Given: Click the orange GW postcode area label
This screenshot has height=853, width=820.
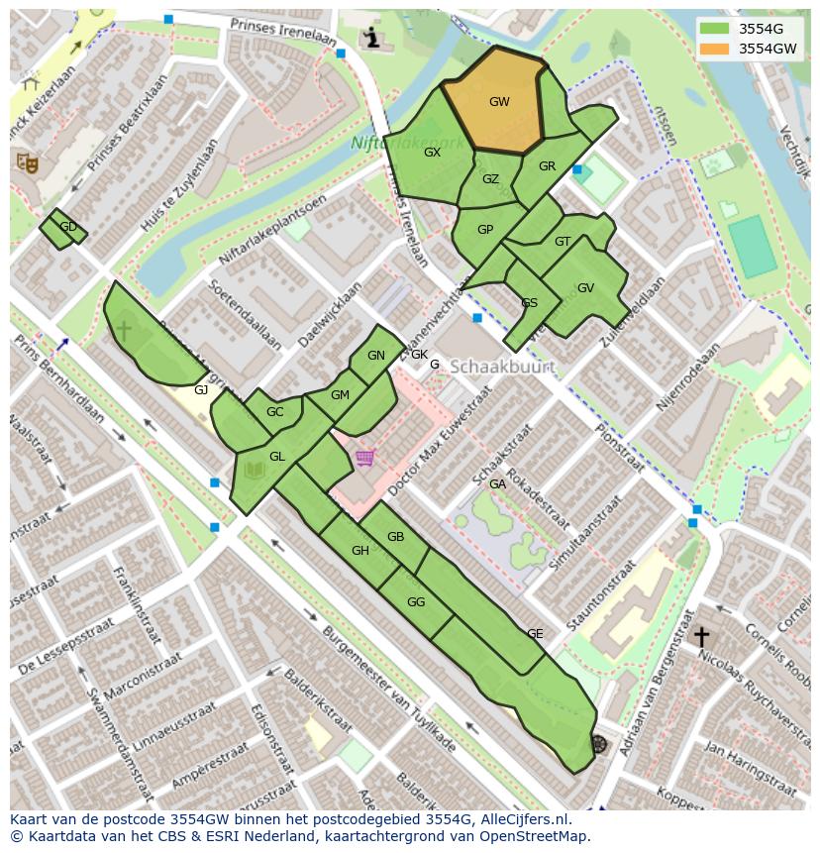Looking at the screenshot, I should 499,102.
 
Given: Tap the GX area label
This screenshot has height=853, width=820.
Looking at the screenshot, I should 432,153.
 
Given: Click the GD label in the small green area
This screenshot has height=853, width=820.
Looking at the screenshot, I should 68,227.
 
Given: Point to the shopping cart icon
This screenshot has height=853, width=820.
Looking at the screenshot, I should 365,458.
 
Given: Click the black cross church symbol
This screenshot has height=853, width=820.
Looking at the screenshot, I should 701,636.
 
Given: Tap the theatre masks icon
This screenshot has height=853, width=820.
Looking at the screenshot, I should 27,161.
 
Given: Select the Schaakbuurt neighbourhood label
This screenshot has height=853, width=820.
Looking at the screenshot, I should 501,367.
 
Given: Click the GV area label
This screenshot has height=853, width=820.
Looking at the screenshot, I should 585,288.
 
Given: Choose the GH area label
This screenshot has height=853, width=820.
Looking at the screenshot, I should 360,551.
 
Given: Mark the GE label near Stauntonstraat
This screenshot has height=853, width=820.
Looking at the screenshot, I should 535,634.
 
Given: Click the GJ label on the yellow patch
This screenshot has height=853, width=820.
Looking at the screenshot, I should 201,390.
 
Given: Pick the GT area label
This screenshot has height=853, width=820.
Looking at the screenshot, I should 563,242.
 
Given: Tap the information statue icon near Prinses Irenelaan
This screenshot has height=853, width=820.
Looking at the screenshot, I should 371,38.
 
